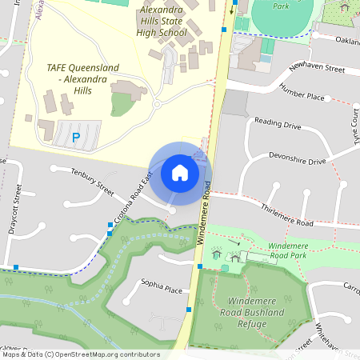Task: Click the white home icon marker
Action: (179, 172)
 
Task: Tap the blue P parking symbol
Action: (76, 137)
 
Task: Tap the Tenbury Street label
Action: (93, 180)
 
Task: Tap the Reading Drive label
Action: (277, 124)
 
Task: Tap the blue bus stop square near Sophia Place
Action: (189, 309)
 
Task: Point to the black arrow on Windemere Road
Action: (232, 10)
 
